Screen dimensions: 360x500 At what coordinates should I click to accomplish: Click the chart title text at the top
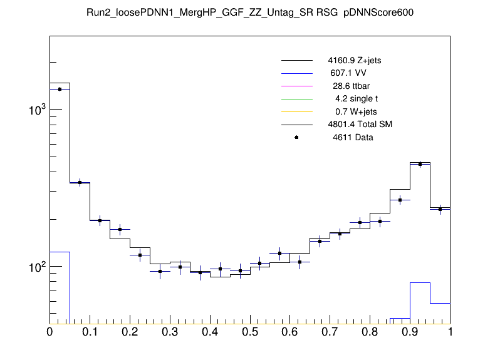pos(250,13)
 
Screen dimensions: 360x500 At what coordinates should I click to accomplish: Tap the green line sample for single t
pos(297,98)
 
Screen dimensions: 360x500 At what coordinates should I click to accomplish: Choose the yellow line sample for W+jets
pos(297,111)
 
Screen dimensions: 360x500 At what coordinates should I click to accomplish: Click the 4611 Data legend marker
pos(297,137)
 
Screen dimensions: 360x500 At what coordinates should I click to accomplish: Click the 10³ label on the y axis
pos(36,110)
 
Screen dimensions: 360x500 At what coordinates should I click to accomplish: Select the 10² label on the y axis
pos(36,267)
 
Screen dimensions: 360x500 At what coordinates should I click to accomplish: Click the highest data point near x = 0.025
pos(60,89)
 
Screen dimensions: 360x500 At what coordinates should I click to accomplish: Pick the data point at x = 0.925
pos(420,164)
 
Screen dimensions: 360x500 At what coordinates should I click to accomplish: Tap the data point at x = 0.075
pos(80,182)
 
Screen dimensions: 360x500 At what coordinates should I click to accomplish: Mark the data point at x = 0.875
pos(400,200)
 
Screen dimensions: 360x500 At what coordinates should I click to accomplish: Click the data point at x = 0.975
pos(440,208)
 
